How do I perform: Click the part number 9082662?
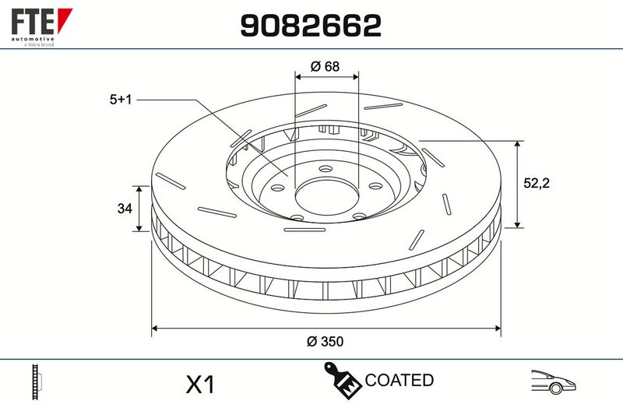(311, 26)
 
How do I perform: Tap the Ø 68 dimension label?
(325, 66)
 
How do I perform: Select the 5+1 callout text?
(121, 100)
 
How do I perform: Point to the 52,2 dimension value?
(537, 183)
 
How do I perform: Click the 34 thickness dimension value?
(125, 208)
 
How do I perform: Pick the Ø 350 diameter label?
(325, 341)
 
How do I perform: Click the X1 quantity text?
(201, 385)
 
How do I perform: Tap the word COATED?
(399, 380)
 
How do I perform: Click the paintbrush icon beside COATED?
(342, 380)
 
